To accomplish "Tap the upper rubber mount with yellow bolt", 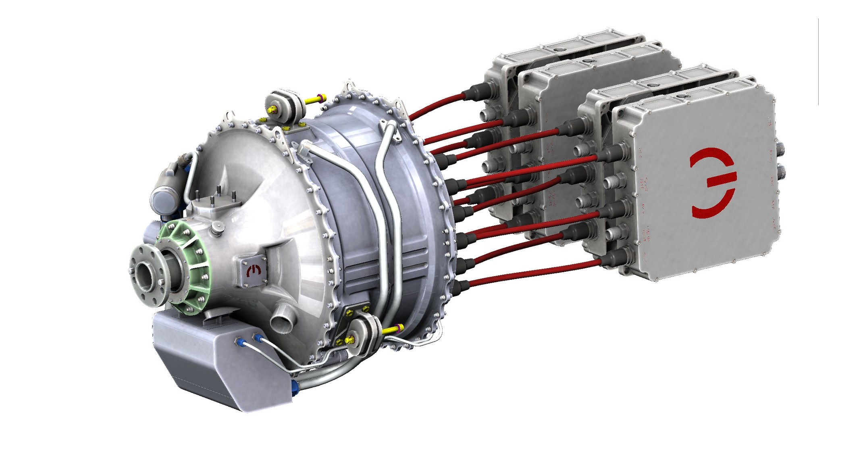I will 284,106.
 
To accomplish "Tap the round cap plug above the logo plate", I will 216,228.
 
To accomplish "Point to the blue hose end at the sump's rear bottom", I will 295,385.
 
